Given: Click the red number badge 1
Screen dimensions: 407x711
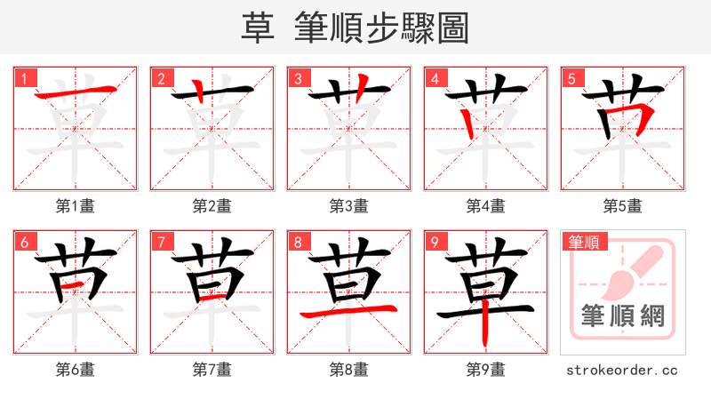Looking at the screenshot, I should click(23, 78).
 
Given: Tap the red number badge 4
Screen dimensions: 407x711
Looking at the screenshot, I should click(434, 78).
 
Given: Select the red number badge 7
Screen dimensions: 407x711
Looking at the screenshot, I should click(160, 242).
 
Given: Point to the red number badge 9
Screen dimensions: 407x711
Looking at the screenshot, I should click(434, 242).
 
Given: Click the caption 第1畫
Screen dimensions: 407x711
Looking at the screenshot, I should click(75, 206).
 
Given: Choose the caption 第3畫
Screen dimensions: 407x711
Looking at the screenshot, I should click(348, 206).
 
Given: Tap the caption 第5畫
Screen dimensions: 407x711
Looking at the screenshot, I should click(622, 206).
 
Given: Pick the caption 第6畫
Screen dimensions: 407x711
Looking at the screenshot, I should click(75, 370).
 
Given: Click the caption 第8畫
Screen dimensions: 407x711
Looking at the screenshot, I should click(348, 370).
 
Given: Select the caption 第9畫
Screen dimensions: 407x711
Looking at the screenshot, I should click(485, 370).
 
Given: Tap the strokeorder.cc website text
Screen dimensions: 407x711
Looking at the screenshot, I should click(622, 370).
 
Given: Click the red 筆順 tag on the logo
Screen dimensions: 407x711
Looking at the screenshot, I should click(584, 242).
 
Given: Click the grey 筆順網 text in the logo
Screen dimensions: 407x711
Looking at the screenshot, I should click(622, 315).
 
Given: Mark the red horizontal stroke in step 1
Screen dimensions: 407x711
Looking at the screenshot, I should click(75, 92).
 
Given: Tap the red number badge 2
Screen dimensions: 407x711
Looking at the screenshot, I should click(160, 78).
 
